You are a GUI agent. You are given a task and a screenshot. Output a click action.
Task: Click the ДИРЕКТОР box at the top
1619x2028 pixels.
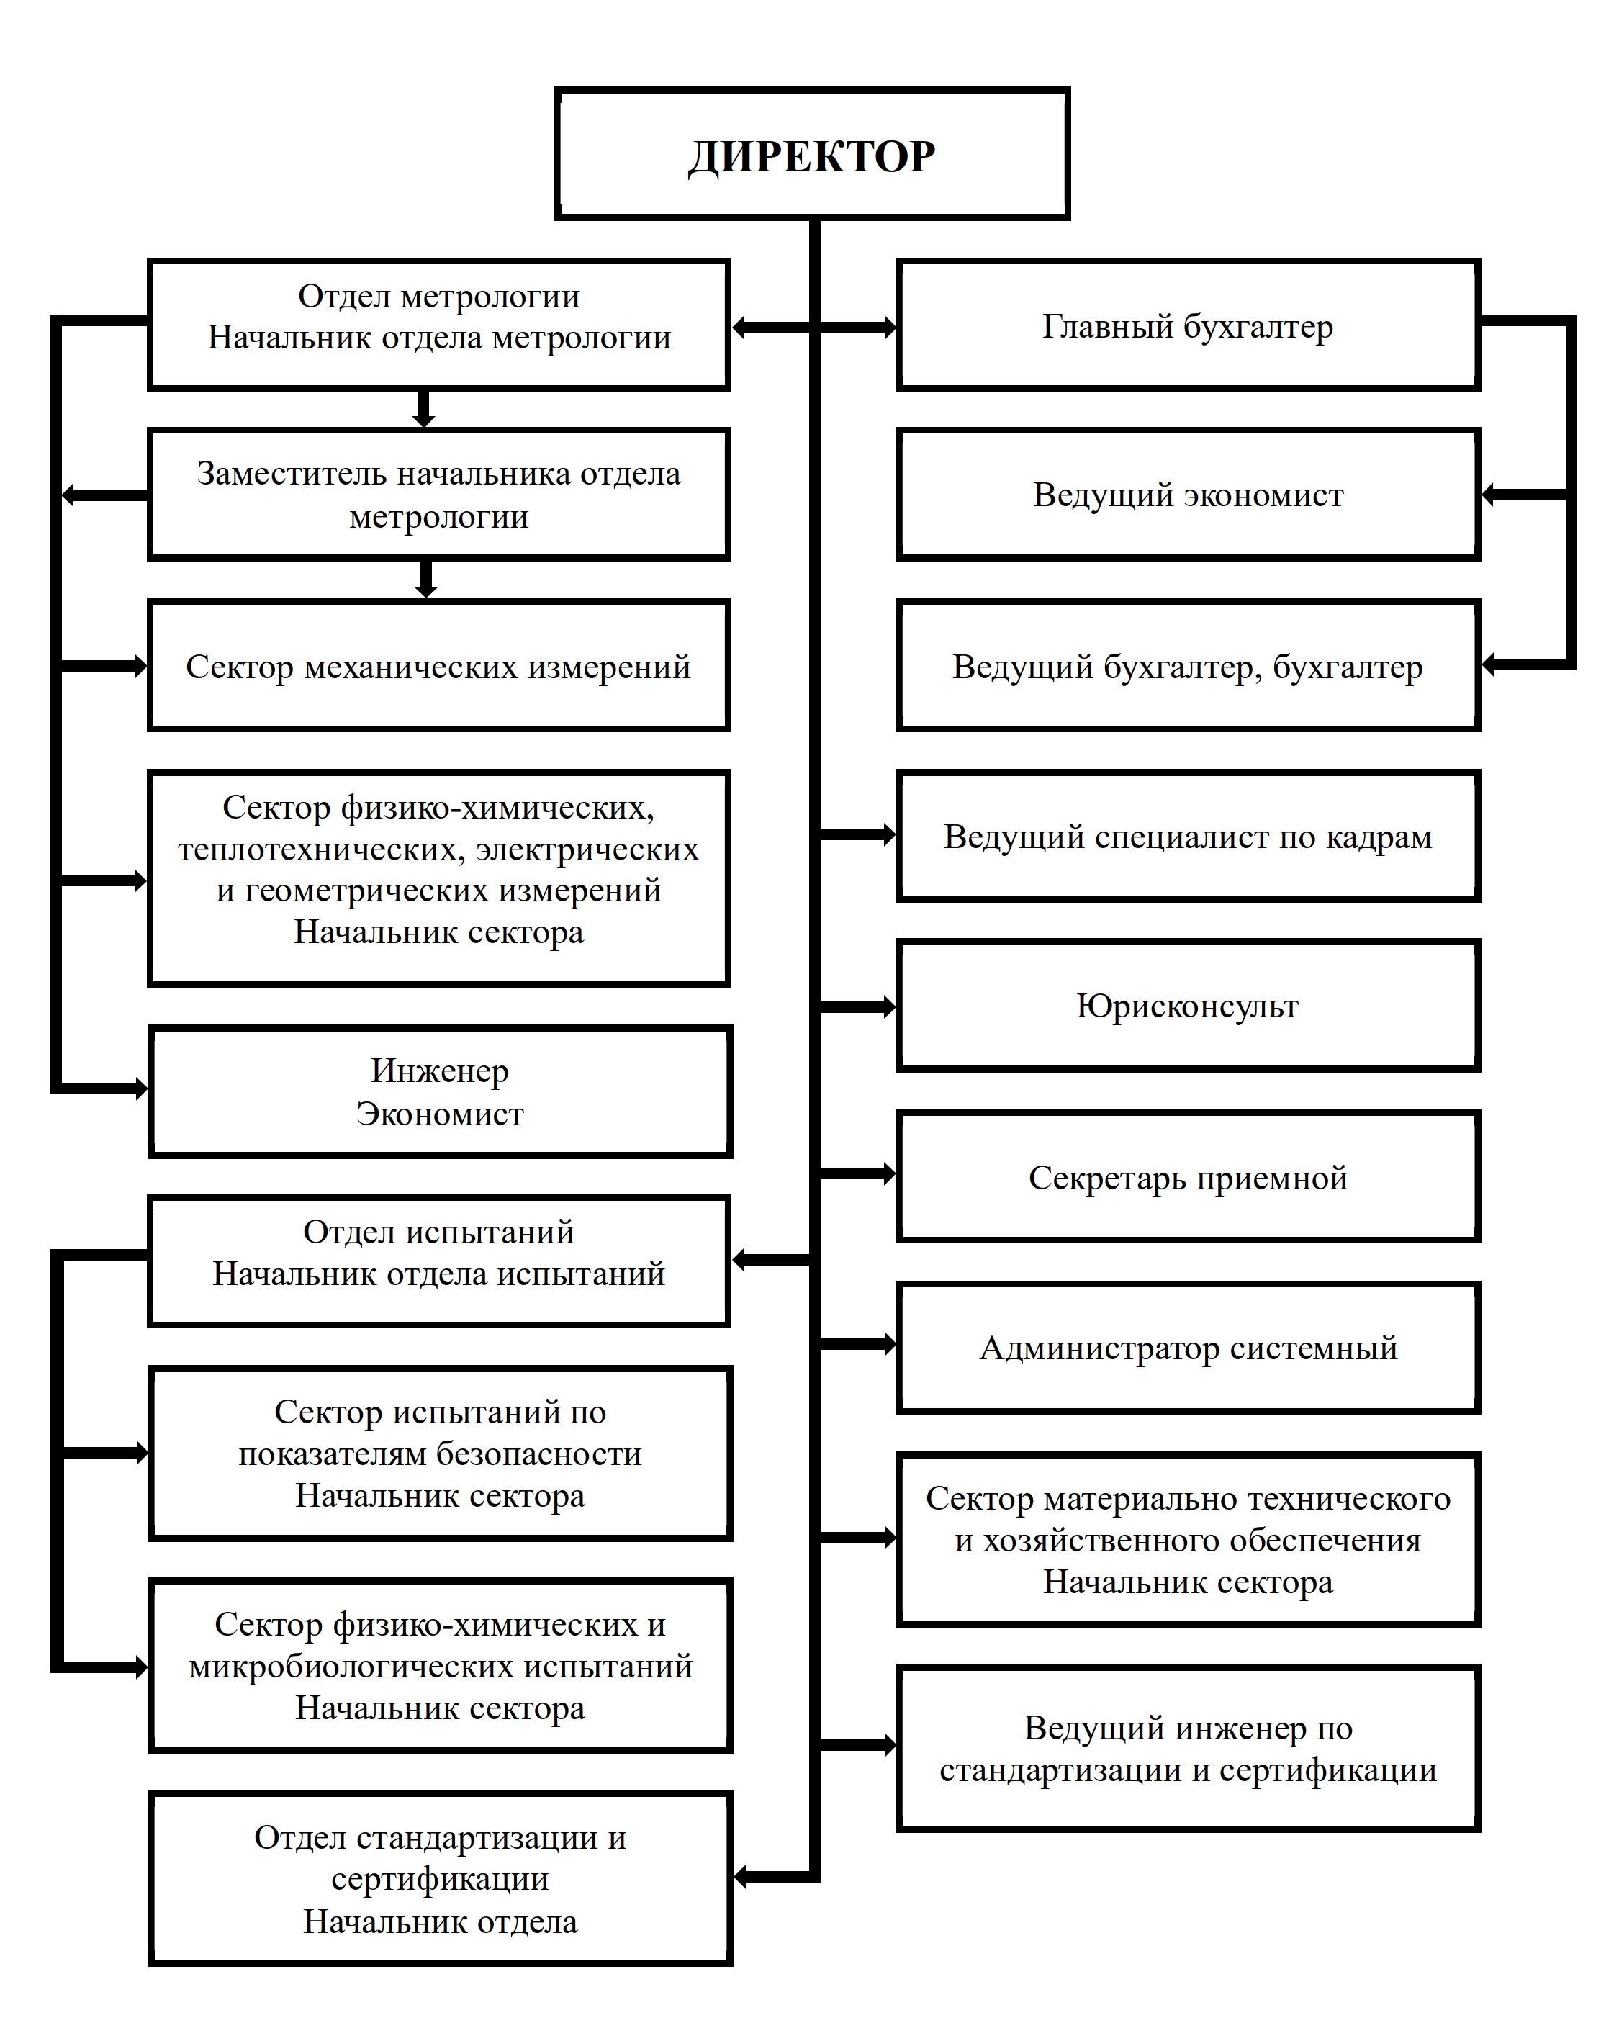812,154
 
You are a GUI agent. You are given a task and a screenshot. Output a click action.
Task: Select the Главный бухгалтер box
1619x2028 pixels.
1188,325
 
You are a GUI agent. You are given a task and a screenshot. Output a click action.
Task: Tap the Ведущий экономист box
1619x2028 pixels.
1188,495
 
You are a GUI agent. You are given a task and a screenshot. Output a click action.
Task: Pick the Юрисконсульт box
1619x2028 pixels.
1188,1006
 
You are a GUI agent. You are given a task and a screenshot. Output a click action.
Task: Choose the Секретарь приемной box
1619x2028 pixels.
1188,1177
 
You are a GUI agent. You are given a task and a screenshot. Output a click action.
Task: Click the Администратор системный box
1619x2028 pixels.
1188,1347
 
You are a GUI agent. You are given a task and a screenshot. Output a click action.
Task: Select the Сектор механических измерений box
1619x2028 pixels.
438,666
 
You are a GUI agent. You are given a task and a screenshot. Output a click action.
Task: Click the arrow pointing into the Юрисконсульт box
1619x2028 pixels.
856,1006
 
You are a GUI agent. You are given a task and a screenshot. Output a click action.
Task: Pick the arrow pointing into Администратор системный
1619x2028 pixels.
856,1344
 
